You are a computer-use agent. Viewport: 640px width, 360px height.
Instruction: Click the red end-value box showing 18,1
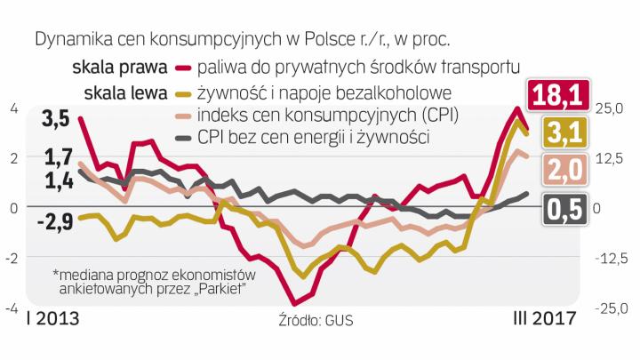click(x=556, y=93)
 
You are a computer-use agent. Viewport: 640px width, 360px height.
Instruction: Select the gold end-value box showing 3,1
click(x=556, y=133)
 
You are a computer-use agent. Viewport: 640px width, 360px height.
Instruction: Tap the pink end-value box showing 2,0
click(x=556, y=171)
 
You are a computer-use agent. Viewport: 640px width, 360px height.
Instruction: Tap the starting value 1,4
click(x=57, y=182)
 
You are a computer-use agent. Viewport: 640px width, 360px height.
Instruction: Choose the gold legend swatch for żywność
click(x=184, y=92)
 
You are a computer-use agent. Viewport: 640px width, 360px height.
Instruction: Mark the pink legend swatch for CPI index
click(x=184, y=116)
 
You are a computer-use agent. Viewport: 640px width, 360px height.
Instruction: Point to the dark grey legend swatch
click(x=184, y=138)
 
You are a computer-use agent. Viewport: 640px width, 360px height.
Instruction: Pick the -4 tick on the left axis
click(x=12, y=309)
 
